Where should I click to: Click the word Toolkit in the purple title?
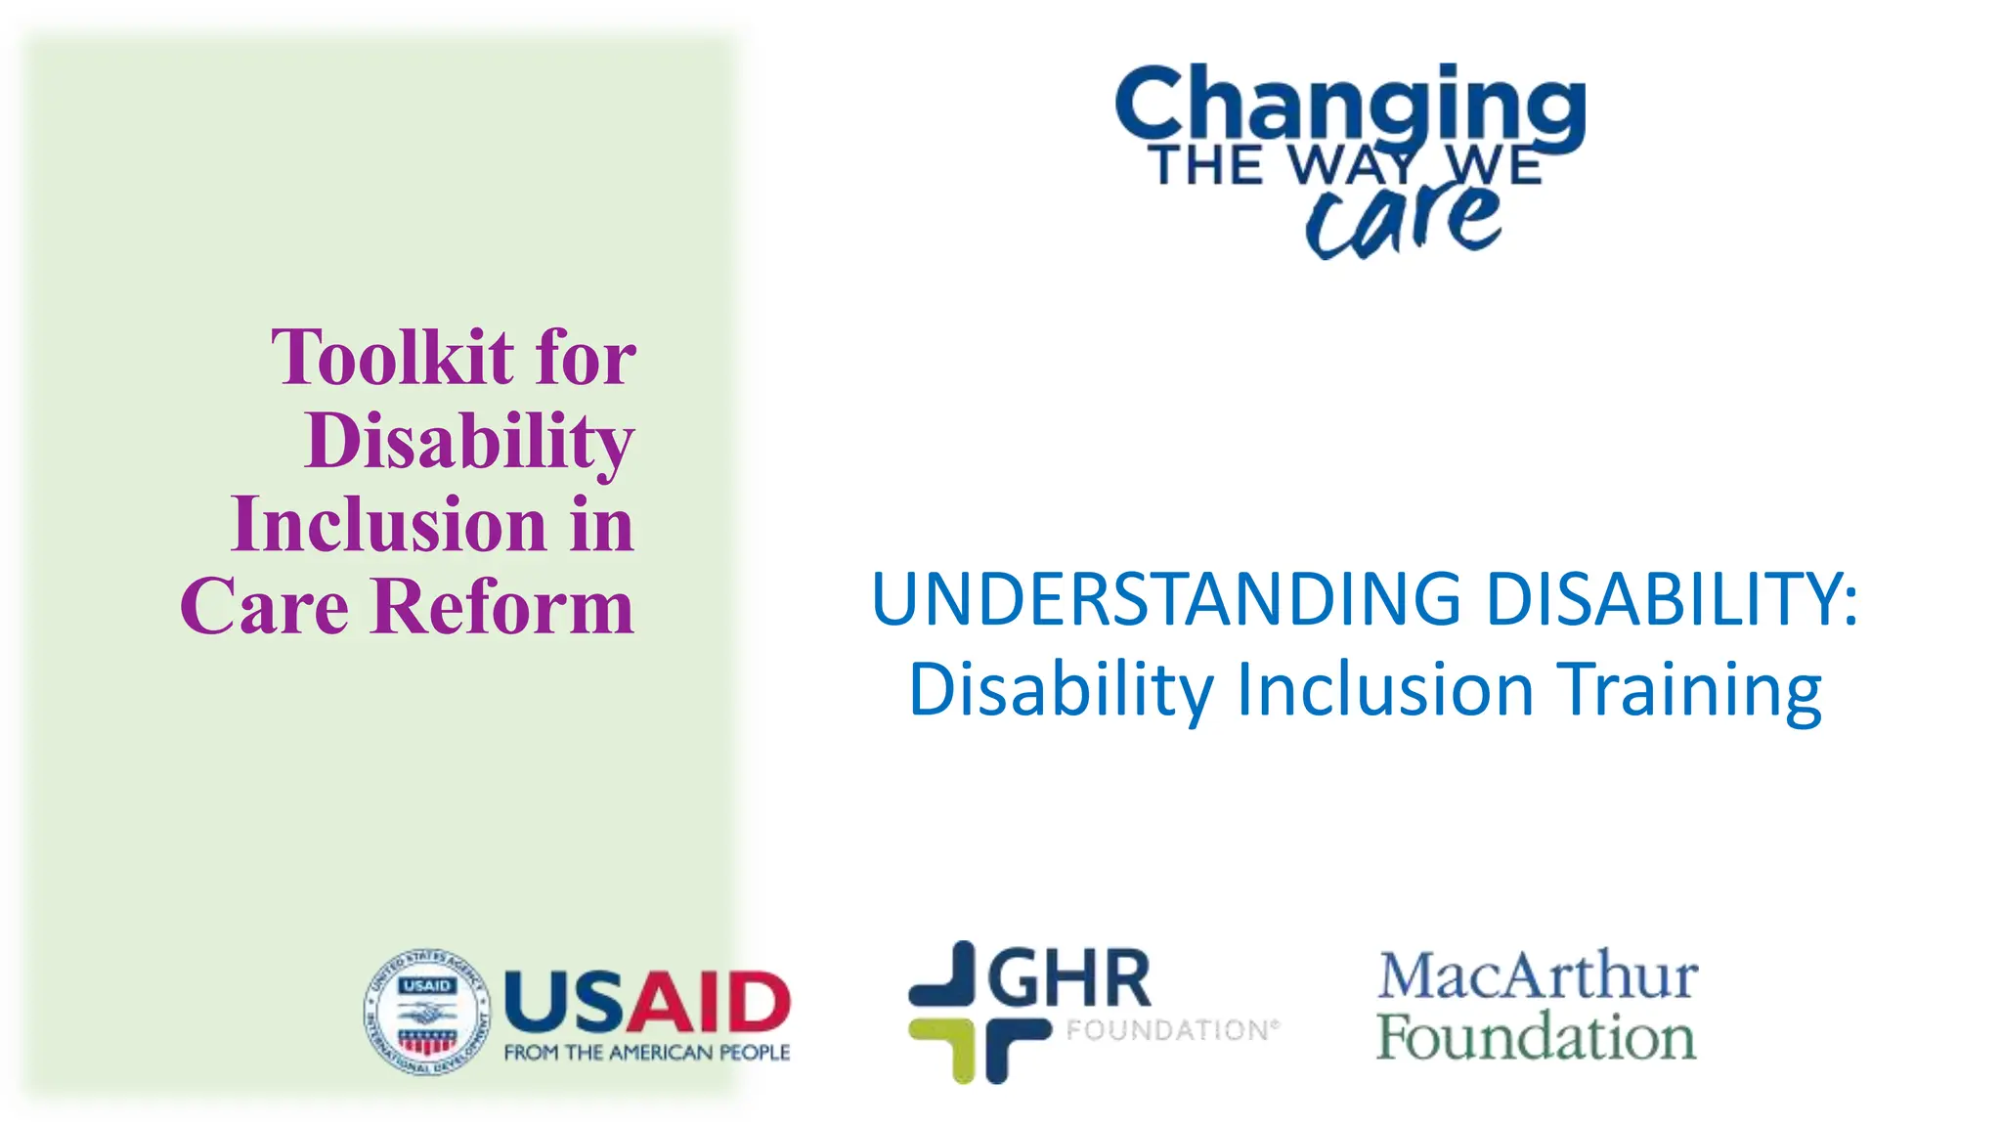pos(392,358)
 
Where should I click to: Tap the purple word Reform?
pos(503,607)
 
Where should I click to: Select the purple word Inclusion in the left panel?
pos(389,525)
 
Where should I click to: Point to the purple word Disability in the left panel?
pos(469,442)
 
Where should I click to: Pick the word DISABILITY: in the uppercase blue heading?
pos(1672,599)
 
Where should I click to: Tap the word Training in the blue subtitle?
pos(1690,690)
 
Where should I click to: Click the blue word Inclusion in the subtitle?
pos(1385,690)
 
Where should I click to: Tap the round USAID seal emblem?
pos(427,1013)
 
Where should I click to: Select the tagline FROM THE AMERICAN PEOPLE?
pos(646,1053)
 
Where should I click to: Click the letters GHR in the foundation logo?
pos(1070,978)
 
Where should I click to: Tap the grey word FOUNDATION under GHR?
pos(1167,1030)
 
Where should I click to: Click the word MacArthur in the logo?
pos(1538,976)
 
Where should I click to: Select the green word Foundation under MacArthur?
pos(1536,1038)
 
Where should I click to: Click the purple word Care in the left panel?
pos(264,607)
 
